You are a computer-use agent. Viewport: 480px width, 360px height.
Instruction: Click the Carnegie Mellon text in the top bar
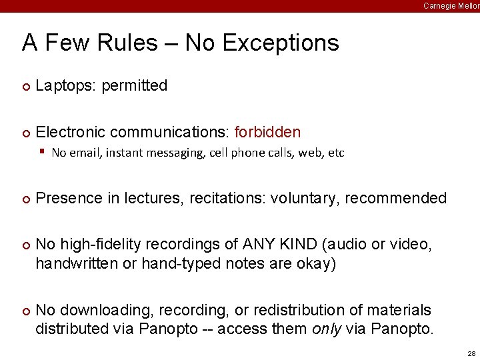[451, 5]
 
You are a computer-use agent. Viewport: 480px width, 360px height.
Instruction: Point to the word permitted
[135, 86]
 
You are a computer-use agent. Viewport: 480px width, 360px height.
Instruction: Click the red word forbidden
[267, 133]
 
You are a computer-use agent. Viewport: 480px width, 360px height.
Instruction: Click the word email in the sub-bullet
[82, 153]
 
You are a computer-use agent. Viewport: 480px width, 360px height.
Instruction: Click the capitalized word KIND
[296, 245]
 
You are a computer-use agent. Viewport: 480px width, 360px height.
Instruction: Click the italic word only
[325, 329]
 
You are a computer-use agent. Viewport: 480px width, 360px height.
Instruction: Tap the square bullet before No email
[42, 152]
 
